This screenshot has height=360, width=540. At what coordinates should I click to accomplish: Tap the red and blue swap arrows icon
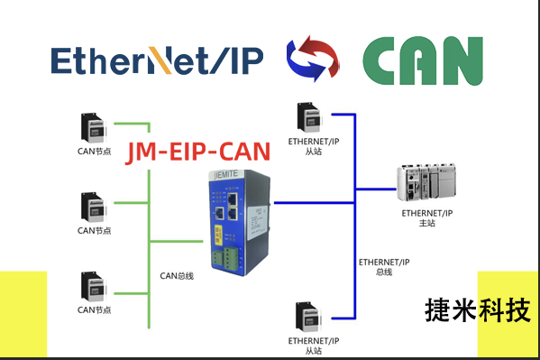click(x=312, y=60)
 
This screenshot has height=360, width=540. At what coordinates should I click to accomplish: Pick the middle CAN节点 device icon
click(x=94, y=207)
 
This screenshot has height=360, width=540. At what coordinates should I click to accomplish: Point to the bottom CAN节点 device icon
click(x=94, y=287)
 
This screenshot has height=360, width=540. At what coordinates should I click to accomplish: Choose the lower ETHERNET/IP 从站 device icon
click(x=312, y=316)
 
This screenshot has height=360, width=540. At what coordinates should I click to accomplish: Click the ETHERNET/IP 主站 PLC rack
click(x=428, y=184)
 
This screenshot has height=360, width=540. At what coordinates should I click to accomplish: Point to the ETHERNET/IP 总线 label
click(x=384, y=266)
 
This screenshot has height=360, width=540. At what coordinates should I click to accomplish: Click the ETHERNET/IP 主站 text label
click(x=426, y=217)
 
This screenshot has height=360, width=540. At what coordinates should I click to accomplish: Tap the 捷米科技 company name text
click(x=473, y=311)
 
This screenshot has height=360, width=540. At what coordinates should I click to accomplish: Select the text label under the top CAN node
click(x=94, y=151)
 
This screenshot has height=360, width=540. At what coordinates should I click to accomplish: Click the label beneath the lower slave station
click(x=313, y=346)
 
